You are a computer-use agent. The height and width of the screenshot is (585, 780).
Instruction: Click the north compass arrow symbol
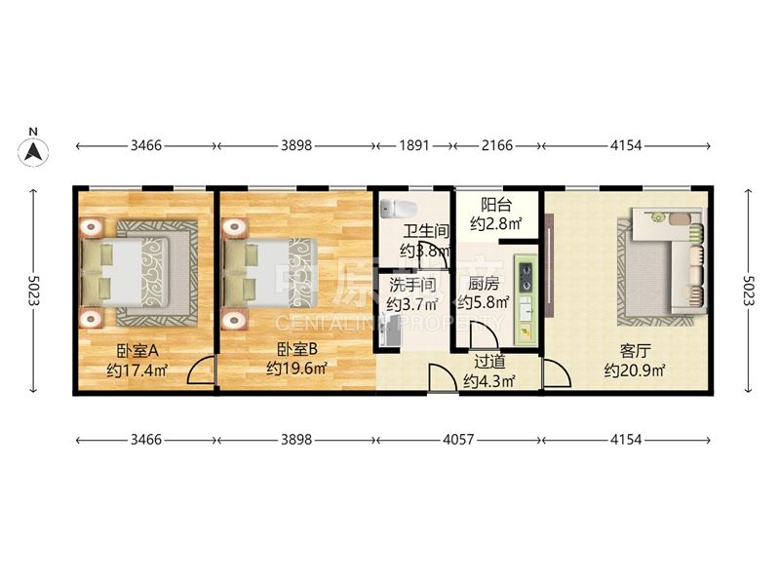[x=33, y=151]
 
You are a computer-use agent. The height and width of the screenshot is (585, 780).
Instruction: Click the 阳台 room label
[x=496, y=205]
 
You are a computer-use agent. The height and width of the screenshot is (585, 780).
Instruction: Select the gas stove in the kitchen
[x=526, y=277]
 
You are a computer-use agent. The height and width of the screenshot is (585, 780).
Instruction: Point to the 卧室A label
[x=137, y=351]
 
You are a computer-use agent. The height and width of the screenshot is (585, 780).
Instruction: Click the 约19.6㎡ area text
[x=296, y=369]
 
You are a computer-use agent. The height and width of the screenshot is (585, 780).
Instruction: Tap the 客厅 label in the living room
[x=635, y=351]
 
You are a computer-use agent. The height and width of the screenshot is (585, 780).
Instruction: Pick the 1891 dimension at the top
[x=414, y=145]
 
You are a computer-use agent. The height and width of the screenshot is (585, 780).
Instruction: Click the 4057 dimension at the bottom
[x=458, y=440]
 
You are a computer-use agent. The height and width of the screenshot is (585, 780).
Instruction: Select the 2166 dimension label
[x=497, y=145]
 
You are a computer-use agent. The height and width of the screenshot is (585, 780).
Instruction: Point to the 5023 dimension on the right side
[x=749, y=291]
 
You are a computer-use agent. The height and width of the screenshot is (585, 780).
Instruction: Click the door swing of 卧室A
[x=201, y=370]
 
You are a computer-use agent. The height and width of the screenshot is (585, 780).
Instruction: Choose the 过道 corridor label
[x=489, y=362]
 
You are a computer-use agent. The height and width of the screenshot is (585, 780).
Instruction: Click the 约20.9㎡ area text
[x=636, y=370]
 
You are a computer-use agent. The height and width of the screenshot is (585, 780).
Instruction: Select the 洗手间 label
[x=412, y=285]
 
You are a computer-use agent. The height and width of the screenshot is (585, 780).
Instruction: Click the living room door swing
[x=556, y=372]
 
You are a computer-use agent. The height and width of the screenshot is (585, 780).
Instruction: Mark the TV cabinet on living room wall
[x=549, y=264]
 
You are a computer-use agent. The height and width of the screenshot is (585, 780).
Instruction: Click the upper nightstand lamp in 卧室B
[x=235, y=227]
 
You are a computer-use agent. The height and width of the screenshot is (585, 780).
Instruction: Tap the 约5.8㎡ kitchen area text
[x=484, y=302]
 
